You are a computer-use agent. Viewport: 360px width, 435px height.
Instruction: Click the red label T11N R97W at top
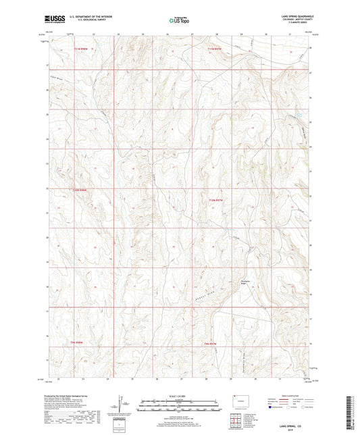click(x=215, y=49)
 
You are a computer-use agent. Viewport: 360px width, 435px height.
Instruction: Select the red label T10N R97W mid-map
click(x=215, y=201)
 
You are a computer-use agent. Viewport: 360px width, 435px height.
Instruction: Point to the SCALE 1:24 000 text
click(x=179, y=396)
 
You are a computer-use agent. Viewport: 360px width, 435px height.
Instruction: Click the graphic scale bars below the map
click(x=179, y=407)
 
